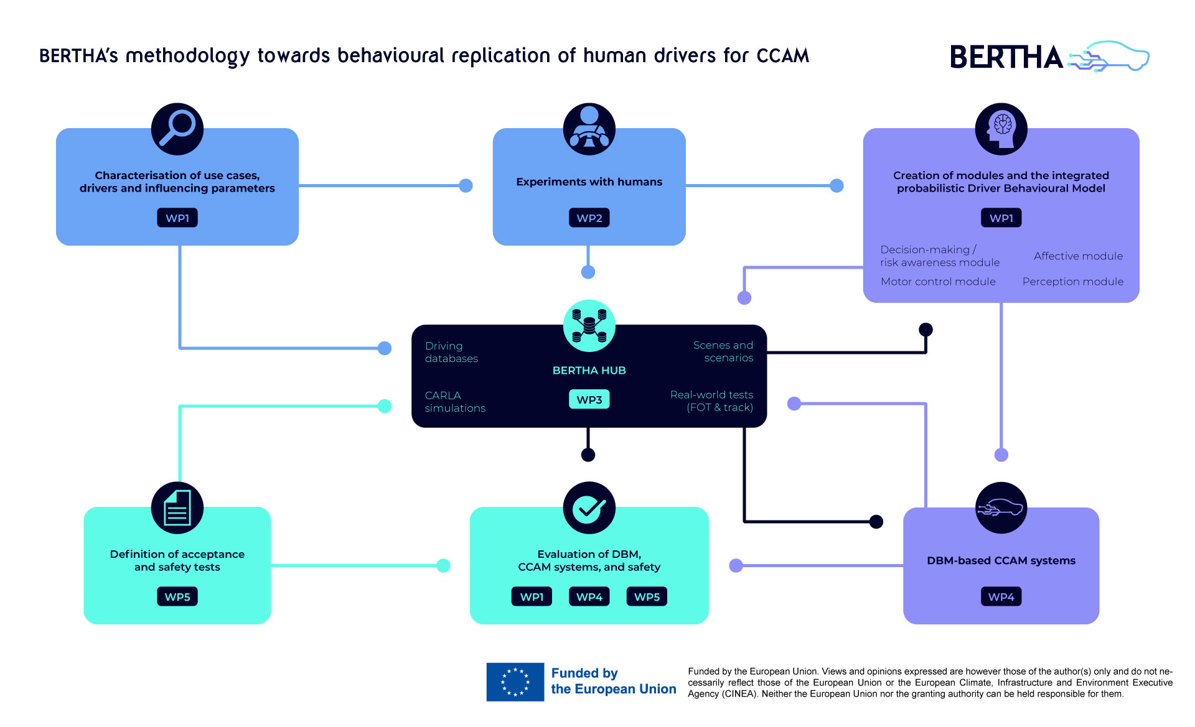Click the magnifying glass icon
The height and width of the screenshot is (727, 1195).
[177, 129]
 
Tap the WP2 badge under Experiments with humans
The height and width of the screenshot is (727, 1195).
[589, 218]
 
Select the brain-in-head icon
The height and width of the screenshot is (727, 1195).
[1001, 129]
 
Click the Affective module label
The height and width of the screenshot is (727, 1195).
[1078, 256]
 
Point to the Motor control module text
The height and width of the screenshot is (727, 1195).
[938, 282]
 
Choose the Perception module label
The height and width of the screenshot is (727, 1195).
[1072, 282]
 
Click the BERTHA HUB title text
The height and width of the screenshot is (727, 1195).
[589, 371]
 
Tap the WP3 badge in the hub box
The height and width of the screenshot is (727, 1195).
[589, 399]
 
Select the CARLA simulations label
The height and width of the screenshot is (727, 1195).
[455, 402]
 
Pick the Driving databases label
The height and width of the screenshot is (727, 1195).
[451, 352]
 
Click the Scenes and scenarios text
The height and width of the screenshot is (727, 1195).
[723, 351]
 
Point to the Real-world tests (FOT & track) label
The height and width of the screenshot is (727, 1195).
[712, 401]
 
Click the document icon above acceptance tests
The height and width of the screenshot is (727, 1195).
[177, 507]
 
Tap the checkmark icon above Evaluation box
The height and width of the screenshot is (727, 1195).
[589, 507]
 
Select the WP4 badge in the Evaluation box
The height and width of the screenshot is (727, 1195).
[589, 597]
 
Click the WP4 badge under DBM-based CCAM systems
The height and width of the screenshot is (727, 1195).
[1001, 597]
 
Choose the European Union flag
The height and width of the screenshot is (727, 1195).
[515, 682]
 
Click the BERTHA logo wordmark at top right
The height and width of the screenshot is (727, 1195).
[1006, 57]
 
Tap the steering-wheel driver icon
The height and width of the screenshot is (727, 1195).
[589, 129]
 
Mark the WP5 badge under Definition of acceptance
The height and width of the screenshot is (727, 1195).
[177, 597]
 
